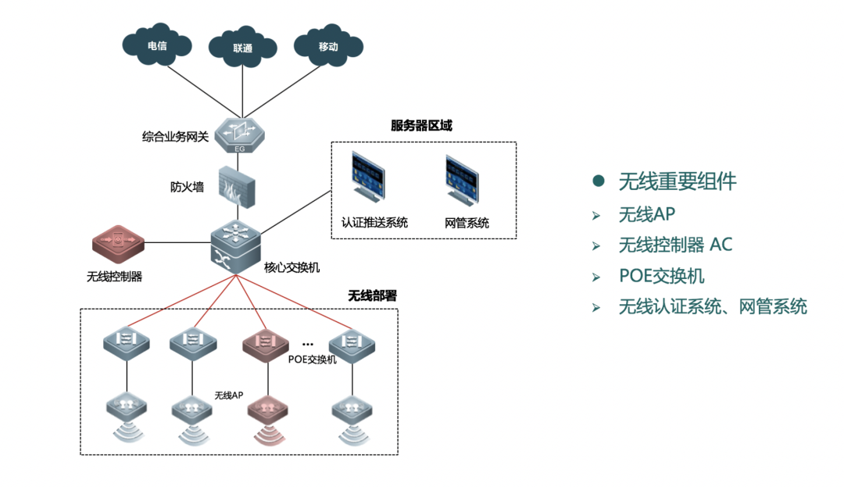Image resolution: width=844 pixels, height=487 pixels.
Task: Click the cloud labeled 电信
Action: [x=156, y=46]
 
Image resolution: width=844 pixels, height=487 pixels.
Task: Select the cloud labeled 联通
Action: [x=242, y=48]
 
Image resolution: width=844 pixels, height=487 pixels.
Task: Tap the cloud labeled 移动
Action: [x=328, y=46]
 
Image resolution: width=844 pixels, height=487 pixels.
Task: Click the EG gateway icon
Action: [x=240, y=135]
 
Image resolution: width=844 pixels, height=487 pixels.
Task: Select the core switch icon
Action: [x=236, y=244]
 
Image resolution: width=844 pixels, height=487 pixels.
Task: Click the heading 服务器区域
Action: [x=421, y=126]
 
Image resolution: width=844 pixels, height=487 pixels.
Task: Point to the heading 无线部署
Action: [x=372, y=296]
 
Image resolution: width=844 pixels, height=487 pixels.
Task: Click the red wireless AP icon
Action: [x=269, y=408]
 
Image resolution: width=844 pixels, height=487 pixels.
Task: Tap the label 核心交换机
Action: [x=291, y=267]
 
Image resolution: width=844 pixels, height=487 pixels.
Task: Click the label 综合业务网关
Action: [x=175, y=137]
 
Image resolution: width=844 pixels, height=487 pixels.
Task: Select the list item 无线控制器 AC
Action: [x=675, y=245]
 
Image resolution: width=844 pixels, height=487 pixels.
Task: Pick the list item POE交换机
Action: [x=661, y=276]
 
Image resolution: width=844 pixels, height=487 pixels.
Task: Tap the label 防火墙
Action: [x=187, y=187]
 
